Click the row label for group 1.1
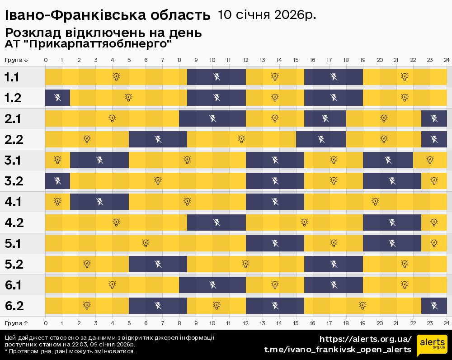pos(12,77)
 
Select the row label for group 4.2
pos(14,223)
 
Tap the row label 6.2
pos(14,306)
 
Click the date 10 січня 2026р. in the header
pos(267,15)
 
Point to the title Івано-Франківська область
pos(108,16)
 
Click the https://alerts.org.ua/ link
pos(365,339)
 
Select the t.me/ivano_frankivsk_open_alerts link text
pos(338,350)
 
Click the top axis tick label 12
pos(245,60)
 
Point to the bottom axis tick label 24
pos(446,323)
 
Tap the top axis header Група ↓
pos(16,60)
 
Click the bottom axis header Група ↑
pos(16,323)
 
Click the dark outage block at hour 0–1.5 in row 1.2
pos(57,98)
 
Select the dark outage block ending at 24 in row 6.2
pos(434,306)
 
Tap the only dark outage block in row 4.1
pos(99,202)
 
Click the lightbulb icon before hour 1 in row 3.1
pos(57,160)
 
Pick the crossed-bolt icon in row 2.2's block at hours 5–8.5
pos(158,139)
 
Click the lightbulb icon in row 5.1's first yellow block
pos(146,243)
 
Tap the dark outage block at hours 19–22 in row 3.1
pos(388,160)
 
